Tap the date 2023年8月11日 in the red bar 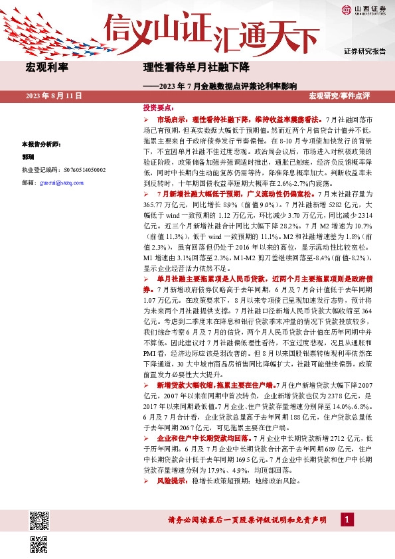(x=54, y=97)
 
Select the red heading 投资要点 (x=159, y=107)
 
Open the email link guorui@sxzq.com (x=59, y=181)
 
